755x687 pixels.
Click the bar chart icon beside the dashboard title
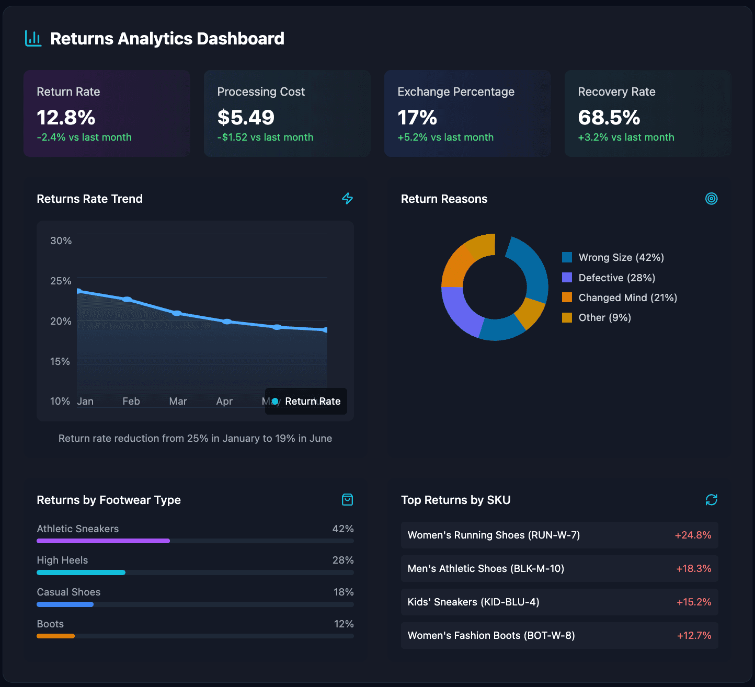click(x=33, y=38)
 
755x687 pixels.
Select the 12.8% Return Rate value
click(x=66, y=118)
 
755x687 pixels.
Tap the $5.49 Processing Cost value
click(x=246, y=118)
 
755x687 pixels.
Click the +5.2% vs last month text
click(x=445, y=138)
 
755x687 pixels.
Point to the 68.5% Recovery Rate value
click(x=609, y=118)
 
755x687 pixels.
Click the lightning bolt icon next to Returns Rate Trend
click(x=347, y=199)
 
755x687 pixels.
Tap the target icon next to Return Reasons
click(x=711, y=199)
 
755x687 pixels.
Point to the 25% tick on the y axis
click(x=61, y=281)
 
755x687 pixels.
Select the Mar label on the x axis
click(x=178, y=401)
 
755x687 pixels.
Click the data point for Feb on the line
click(x=127, y=299)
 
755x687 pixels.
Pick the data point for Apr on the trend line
click(x=227, y=322)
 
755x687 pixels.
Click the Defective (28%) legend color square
click(x=567, y=278)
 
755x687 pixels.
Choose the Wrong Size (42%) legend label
click(x=621, y=257)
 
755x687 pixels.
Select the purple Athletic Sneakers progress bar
click(x=103, y=541)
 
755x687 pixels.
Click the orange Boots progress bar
click(x=55, y=636)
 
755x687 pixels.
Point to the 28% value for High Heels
click(x=343, y=560)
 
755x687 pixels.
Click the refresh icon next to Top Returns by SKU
click(x=711, y=500)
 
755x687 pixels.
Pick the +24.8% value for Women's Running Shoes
click(x=693, y=535)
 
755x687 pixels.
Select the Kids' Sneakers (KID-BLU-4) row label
click(x=473, y=602)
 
